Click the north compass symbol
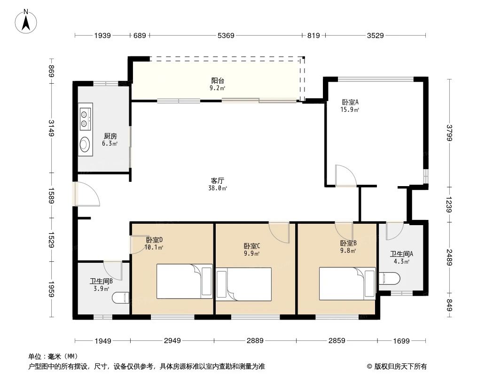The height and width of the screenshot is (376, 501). click(x=27, y=21)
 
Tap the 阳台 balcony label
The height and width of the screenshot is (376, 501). click(x=217, y=80)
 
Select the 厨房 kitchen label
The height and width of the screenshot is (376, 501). click(x=110, y=136)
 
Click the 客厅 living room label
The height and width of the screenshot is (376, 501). click(x=217, y=180)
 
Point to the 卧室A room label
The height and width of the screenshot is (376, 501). click(x=350, y=102)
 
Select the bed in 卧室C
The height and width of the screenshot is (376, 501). click(x=243, y=284)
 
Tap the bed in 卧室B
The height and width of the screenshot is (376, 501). click(x=347, y=282)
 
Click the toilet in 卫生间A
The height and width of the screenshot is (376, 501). click(x=390, y=279)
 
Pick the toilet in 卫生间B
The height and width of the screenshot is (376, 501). click(x=122, y=298)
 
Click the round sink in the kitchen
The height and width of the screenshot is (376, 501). click(x=85, y=143)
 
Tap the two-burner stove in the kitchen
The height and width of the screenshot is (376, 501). click(x=85, y=118)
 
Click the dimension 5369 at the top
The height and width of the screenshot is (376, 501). click(x=226, y=35)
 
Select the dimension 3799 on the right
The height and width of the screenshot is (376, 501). click(x=450, y=133)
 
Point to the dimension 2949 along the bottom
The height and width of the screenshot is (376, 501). click(x=172, y=340)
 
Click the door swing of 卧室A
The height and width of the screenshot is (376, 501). click(x=346, y=176)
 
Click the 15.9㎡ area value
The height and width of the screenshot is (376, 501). click(x=350, y=110)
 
